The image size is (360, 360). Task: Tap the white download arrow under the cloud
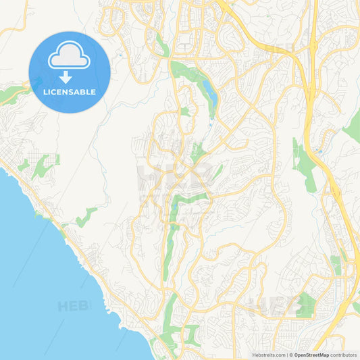(x=69, y=76)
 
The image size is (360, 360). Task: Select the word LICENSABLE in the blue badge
(x=69, y=92)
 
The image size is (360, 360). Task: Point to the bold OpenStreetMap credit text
(x=311, y=355)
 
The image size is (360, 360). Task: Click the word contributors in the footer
(x=344, y=355)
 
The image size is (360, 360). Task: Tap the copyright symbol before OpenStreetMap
(x=290, y=355)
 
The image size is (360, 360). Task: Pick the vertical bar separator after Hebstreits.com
(x=286, y=355)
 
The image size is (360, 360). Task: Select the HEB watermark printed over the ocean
(x=74, y=306)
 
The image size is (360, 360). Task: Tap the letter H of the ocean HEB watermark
(x=63, y=306)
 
